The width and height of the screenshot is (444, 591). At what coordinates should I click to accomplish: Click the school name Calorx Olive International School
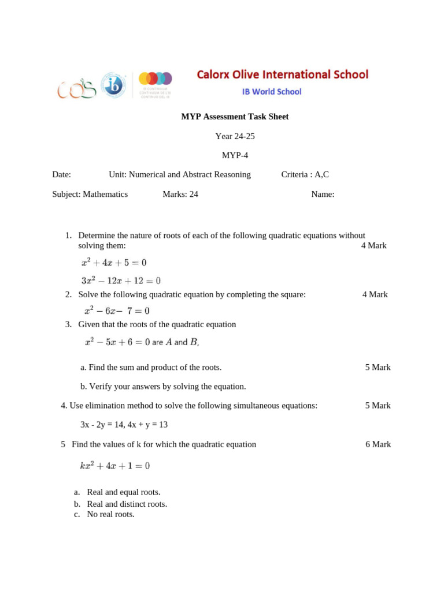(282, 74)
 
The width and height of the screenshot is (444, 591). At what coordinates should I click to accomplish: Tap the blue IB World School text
(271, 91)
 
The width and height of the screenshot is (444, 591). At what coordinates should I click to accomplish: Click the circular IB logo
(113, 85)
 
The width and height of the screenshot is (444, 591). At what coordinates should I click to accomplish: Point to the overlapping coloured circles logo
(155, 78)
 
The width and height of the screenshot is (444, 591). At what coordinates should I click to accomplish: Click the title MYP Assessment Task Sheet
(235, 117)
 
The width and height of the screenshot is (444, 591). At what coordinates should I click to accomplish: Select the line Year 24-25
(235, 136)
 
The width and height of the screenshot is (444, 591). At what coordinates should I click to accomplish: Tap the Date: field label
(62, 174)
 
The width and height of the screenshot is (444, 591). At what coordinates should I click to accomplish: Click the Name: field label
(323, 194)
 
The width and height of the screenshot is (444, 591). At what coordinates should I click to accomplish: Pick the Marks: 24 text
(180, 194)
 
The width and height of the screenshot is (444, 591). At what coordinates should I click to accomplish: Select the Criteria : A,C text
(305, 174)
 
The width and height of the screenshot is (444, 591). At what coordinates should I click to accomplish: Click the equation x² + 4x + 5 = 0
(114, 263)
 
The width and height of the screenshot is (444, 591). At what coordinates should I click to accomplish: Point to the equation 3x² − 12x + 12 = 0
(121, 281)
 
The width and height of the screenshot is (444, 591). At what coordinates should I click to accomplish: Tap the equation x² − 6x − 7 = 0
(117, 311)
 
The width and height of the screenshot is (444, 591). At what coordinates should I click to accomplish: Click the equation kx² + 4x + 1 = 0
(115, 466)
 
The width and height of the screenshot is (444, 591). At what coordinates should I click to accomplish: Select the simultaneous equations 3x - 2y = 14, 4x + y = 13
(124, 424)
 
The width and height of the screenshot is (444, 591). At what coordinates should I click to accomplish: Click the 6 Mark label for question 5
(378, 444)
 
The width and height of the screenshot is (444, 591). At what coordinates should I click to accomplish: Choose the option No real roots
(110, 514)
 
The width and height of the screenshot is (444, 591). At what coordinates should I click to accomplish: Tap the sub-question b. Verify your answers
(163, 386)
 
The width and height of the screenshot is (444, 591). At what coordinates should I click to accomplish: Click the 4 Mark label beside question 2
(375, 294)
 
